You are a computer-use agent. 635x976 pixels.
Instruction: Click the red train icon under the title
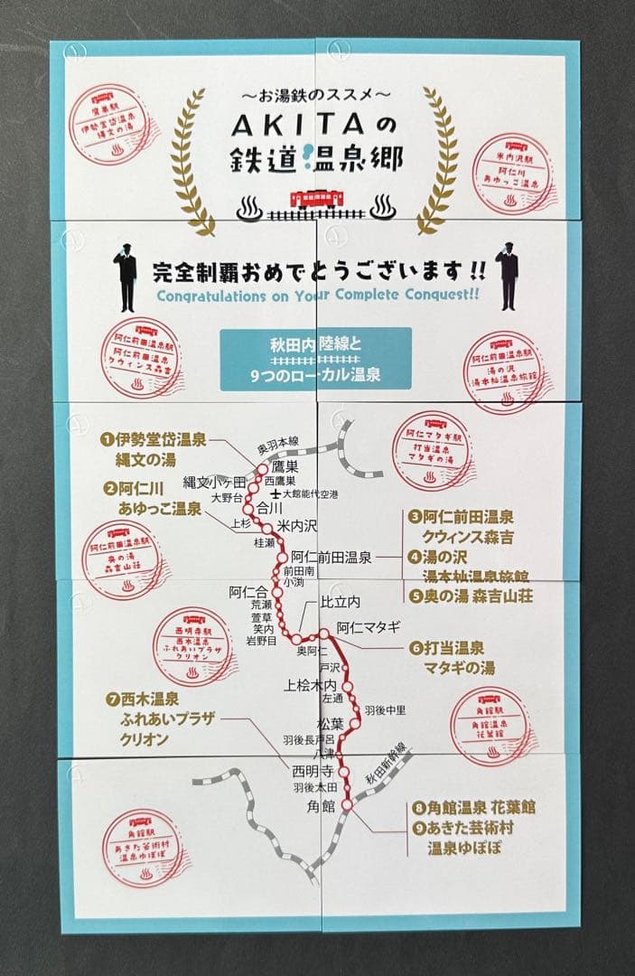(315, 200)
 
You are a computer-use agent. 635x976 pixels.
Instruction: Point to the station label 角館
(322, 805)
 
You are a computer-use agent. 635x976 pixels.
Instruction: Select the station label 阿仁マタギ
(368, 625)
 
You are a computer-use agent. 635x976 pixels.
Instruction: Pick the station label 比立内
(341, 602)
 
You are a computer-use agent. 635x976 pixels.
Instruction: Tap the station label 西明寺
(313, 772)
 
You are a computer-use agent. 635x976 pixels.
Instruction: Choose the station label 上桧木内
(311, 685)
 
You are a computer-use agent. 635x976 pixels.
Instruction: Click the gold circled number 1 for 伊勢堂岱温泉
(107, 440)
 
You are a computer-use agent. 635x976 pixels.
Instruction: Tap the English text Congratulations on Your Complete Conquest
(321, 296)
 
